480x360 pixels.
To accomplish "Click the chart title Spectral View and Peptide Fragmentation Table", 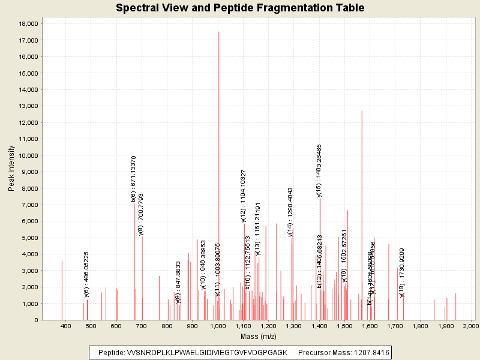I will pyautogui.click(x=240, y=8).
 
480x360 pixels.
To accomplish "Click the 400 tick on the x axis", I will pyautogui.click(x=66, y=326).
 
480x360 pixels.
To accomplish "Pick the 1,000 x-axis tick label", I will pyautogui.click(x=218, y=326).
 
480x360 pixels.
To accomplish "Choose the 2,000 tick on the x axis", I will pyautogui.click(x=470, y=326).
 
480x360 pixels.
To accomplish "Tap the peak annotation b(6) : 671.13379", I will pyautogui.click(x=133, y=178).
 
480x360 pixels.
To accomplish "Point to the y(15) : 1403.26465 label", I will pyautogui.click(x=319, y=170).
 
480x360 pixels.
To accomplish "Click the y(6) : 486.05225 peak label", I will pyautogui.click(x=86, y=274).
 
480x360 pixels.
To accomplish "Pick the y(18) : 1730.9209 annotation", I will pyautogui.click(x=402, y=272).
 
